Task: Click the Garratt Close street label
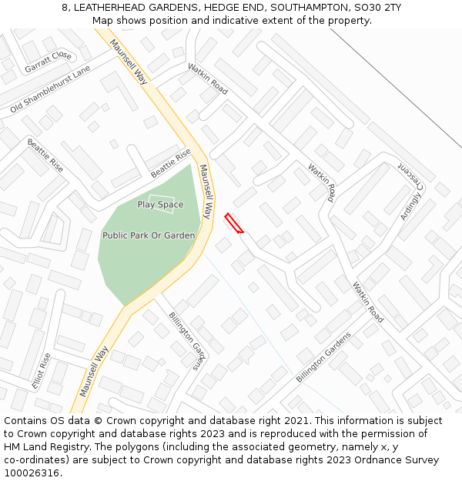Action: coord(48,62)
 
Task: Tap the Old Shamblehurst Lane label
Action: coord(50,89)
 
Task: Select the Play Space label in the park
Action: coord(160,205)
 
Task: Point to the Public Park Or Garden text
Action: coord(149,235)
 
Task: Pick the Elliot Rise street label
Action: coord(41,372)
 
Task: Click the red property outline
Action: coord(234,223)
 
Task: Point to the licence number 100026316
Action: coord(32,473)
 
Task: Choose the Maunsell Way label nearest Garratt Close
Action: coord(128,61)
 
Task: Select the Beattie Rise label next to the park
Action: coord(170,163)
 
